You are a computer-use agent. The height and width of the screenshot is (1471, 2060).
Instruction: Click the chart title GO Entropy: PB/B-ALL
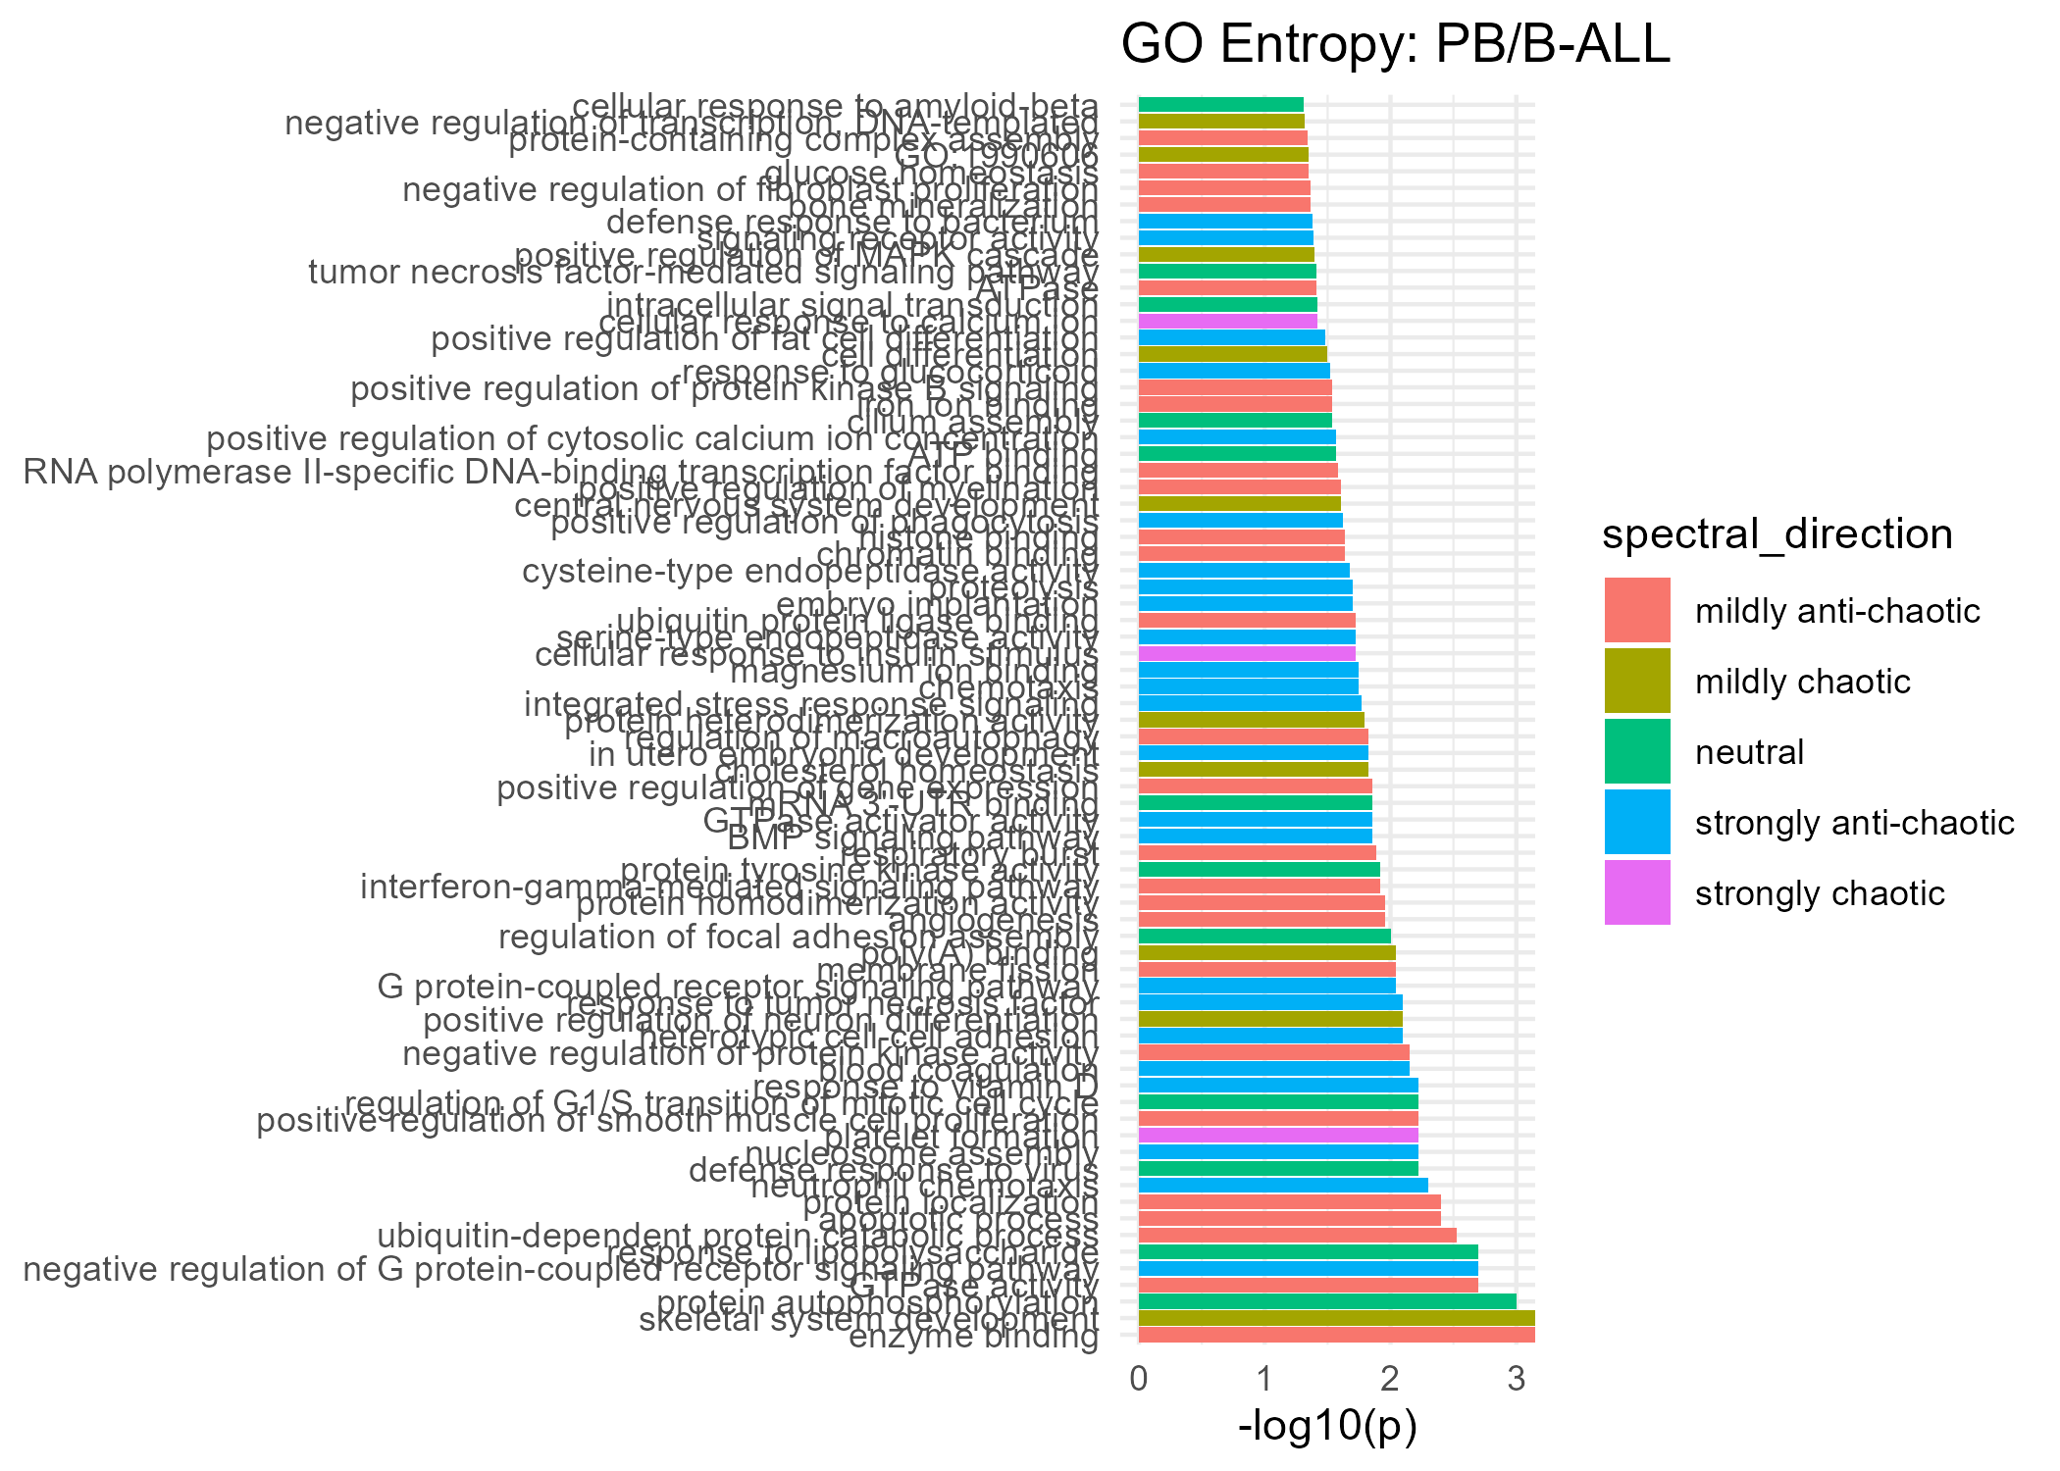click(1395, 45)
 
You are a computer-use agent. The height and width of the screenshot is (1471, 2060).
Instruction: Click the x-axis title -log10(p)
click(1327, 1427)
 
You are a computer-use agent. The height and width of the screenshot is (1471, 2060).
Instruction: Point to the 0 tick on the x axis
click(1139, 1380)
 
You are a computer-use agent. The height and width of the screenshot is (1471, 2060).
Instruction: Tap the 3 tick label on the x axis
click(1516, 1380)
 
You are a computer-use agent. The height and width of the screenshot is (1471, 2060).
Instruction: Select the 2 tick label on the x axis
click(1390, 1380)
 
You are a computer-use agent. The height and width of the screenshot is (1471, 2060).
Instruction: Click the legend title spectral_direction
click(1777, 534)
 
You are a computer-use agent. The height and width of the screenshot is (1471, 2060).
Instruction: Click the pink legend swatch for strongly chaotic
click(1637, 892)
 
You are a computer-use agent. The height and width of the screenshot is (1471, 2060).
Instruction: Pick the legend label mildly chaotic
click(1802, 682)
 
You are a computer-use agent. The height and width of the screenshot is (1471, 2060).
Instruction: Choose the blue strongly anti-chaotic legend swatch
click(1637, 822)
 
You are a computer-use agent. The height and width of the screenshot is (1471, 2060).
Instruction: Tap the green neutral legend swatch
click(1637, 751)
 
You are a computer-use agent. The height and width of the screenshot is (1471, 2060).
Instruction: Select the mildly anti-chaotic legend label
click(1837, 611)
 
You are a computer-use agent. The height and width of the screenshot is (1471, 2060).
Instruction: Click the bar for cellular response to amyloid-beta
click(1220, 104)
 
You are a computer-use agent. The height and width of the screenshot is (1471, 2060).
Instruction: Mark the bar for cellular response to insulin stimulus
click(1246, 653)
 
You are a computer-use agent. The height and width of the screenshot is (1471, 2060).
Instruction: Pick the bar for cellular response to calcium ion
click(1227, 321)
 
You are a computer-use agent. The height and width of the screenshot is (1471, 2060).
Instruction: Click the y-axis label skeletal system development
click(868, 1320)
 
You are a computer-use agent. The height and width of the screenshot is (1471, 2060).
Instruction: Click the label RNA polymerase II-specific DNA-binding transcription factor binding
click(560, 473)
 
